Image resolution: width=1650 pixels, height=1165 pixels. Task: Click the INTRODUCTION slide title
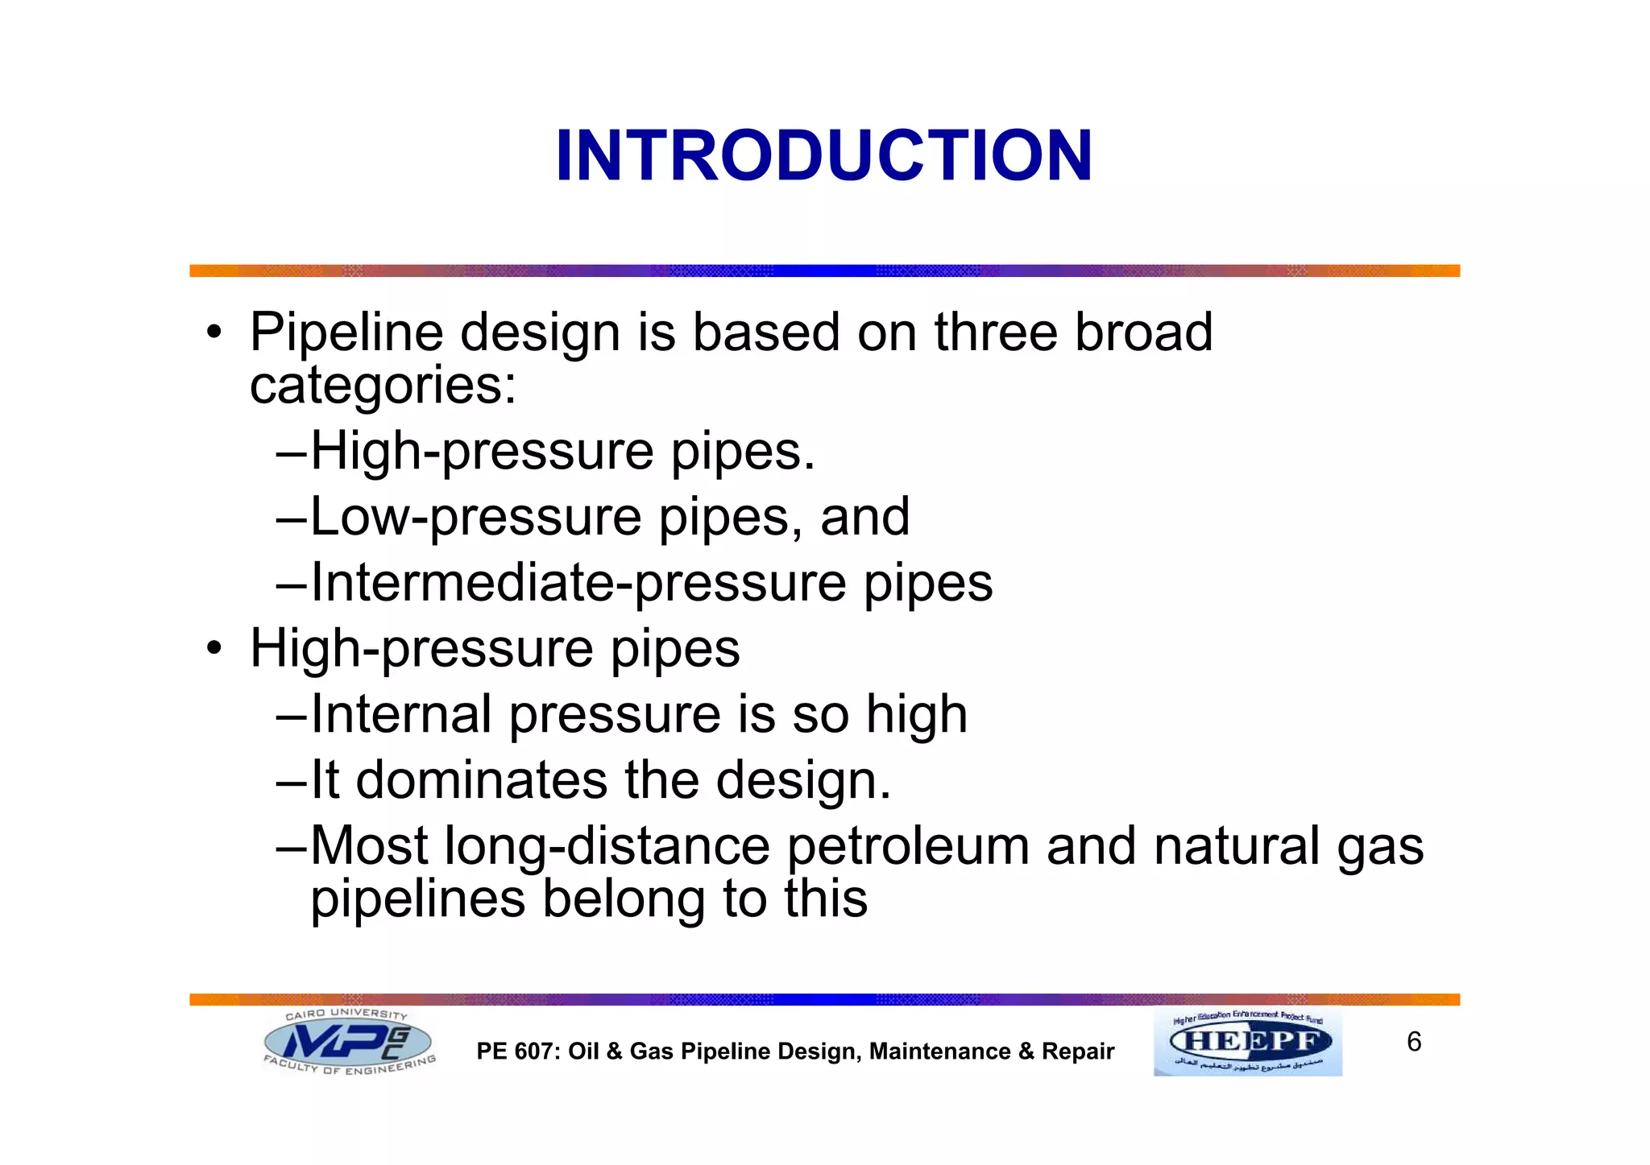(x=823, y=155)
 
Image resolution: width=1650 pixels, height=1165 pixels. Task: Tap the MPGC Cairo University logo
(x=349, y=1042)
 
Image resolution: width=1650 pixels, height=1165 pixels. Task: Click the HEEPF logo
(x=1248, y=1042)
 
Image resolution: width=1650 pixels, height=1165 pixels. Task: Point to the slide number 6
(x=1414, y=1042)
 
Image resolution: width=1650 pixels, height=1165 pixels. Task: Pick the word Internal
(x=401, y=714)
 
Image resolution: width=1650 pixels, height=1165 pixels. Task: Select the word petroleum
(x=908, y=846)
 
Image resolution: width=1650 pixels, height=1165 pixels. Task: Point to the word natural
(x=1237, y=846)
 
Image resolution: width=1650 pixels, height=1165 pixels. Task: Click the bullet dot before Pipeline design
(x=213, y=333)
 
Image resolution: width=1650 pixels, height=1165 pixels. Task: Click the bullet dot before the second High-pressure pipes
(x=213, y=649)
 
